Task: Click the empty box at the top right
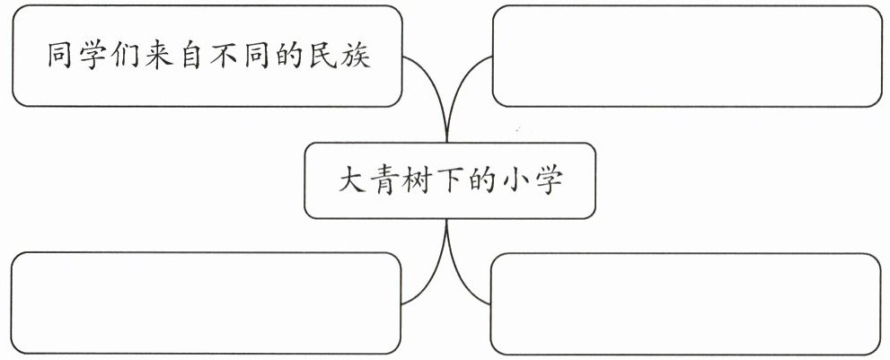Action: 687,56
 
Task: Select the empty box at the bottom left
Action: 207,303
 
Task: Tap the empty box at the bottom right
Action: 685,303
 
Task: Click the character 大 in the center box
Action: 352,180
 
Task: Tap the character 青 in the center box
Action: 385,180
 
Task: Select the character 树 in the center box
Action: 418,180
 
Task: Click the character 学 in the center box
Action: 549,180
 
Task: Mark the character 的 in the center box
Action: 483,180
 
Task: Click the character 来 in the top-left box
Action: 158,55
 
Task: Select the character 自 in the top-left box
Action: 191,55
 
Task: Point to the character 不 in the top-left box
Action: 225,55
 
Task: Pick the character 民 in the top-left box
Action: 323,55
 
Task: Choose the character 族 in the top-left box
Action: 357,55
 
